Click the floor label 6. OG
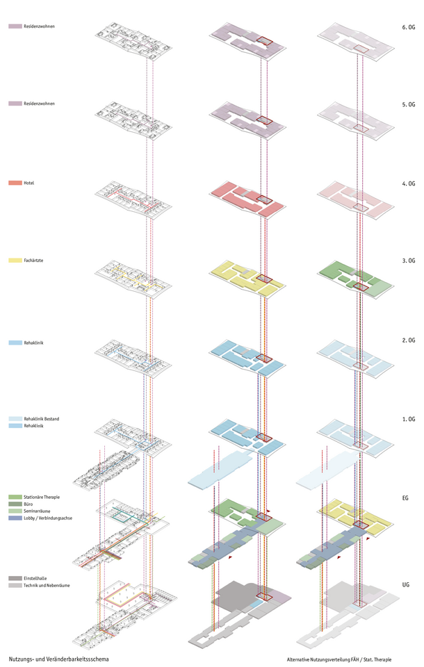click(x=408, y=27)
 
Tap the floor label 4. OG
click(x=408, y=183)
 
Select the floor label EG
click(x=405, y=497)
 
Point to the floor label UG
click(x=405, y=584)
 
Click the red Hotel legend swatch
click(x=15, y=183)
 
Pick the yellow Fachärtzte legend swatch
click(x=15, y=260)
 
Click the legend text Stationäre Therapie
click(x=42, y=497)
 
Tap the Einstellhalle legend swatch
click(x=15, y=579)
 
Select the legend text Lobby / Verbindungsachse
click(x=48, y=518)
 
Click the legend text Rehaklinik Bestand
click(x=41, y=418)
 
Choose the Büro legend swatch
click(x=15, y=504)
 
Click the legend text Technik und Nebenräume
click(x=47, y=585)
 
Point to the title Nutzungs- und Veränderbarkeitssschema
click(x=59, y=659)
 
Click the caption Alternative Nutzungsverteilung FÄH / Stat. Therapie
click(x=339, y=660)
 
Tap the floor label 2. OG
click(x=408, y=340)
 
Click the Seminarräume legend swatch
click(x=15, y=511)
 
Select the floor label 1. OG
click(x=408, y=419)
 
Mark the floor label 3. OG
click(x=408, y=261)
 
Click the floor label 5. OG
click(x=408, y=104)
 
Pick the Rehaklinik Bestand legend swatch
click(x=15, y=418)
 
